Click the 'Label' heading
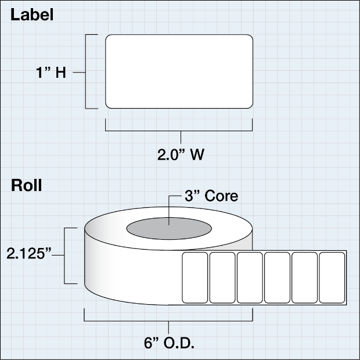coord(33,16)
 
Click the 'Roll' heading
coord(27,186)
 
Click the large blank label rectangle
coord(179,71)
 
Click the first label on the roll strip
coord(195,278)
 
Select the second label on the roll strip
coord(222,278)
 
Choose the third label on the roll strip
coord(250,278)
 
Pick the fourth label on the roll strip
coord(277,278)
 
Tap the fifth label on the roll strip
coord(304,278)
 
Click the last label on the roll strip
coord(332,278)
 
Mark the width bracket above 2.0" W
coord(179,131)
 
